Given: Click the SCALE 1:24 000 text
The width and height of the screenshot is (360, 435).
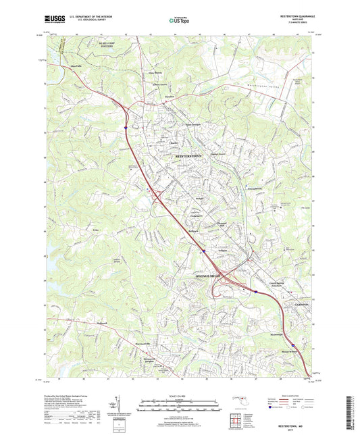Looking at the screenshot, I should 179,395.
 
